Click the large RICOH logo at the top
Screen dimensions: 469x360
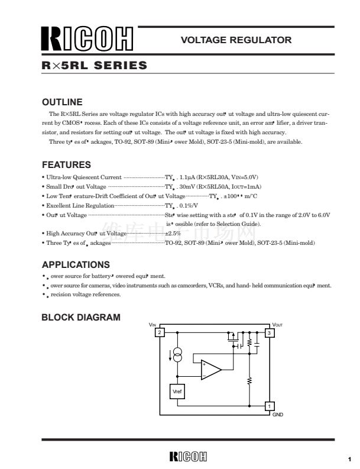(87, 40)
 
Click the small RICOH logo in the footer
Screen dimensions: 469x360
(188, 457)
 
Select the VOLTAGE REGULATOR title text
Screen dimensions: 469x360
(236, 40)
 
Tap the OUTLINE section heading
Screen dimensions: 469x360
(62, 102)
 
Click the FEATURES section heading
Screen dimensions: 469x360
(66, 165)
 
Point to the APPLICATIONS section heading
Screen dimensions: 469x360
(76, 264)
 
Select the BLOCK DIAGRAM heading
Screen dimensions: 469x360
(81, 318)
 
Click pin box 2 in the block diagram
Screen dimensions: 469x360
(159, 333)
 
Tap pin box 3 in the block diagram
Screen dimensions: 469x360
(269, 333)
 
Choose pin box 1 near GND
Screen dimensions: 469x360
(269, 406)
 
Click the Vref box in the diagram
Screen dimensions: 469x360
(177, 392)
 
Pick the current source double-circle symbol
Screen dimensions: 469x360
(177, 355)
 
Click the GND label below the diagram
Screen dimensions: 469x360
(278, 415)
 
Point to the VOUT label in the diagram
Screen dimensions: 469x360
(278, 325)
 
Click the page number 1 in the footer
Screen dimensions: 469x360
(349, 458)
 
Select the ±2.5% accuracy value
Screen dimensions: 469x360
(171, 234)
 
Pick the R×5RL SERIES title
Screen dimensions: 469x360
(95, 66)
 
